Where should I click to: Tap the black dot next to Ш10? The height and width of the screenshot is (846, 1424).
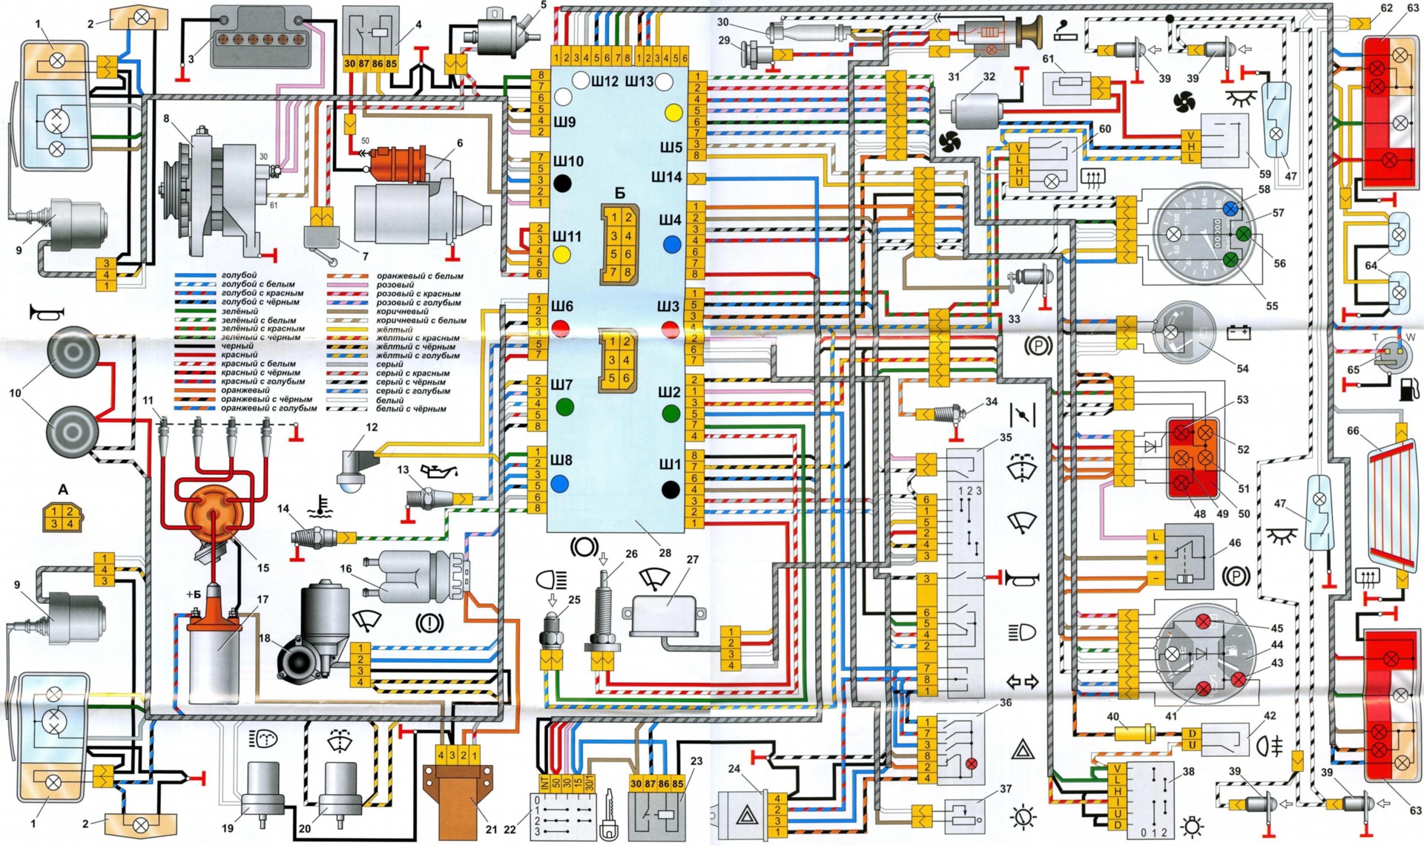(x=563, y=183)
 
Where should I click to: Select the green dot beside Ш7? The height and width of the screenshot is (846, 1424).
(x=564, y=407)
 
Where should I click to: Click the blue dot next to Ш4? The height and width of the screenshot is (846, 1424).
(x=672, y=244)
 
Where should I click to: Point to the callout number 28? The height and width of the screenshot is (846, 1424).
(x=665, y=553)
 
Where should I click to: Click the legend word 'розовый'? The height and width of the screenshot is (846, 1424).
(x=395, y=285)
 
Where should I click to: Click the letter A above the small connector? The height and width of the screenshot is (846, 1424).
(x=63, y=490)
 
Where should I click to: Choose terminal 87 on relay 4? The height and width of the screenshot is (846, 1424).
(x=363, y=65)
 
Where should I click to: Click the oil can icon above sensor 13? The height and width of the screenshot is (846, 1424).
(x=438, y=471)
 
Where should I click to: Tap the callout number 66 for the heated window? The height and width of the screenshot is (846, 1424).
(x=1353, y=430)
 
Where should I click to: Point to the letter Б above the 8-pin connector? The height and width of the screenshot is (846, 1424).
(x=619, y=194)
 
